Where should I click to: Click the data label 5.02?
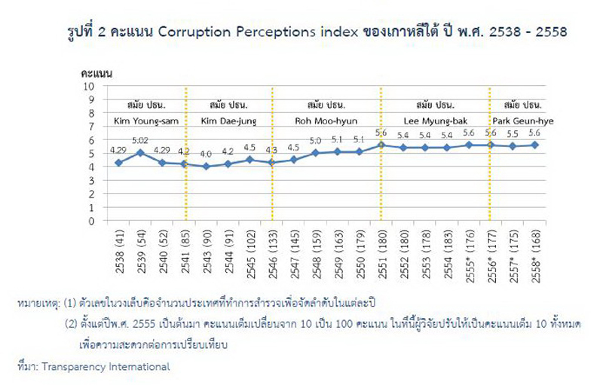(x=140, y=140)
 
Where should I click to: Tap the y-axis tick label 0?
(x=91, y=222)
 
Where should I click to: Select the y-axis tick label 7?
(x=91, y=127)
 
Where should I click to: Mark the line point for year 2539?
(x=140, y=153)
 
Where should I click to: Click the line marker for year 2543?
(x=206, y=167)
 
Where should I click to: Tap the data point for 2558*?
(x=534, y=145)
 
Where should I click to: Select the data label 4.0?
(x=206, y=154)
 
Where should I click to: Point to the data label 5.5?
(x=513, y=133)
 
